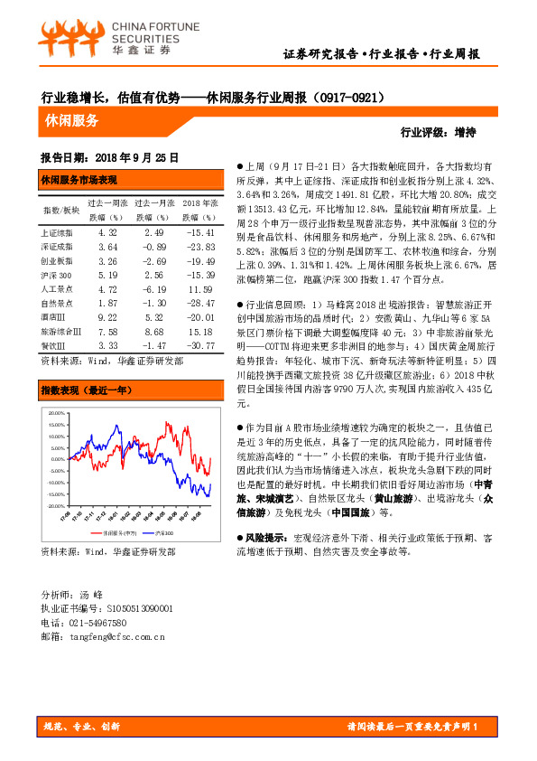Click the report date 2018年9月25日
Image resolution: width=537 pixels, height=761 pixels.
click(x=136, y=155)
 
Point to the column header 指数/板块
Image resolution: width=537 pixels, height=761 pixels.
click(x=60, y=210)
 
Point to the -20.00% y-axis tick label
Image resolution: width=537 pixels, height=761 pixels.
click(x=55, y=506)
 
